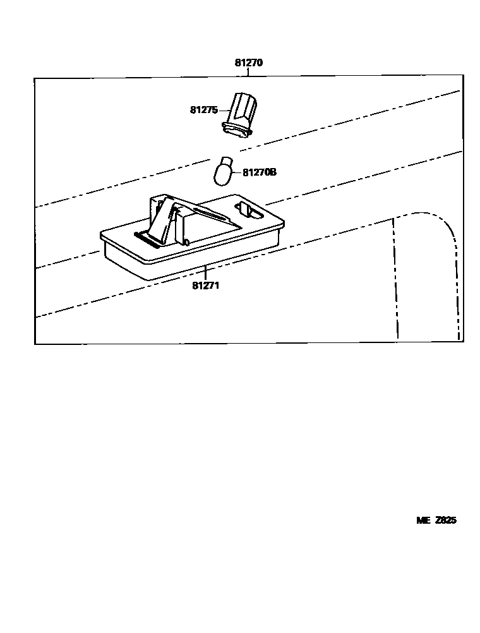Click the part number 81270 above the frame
click(248, 63)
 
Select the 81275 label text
click(203, 110)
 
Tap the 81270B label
click(260, 171)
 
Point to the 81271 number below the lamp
click(206, 286)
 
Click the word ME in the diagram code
click(423, 521)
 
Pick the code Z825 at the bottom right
click(445, 521)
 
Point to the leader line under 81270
click(248, 73)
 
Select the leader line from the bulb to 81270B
click(236, 172)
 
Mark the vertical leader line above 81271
click(205, 274)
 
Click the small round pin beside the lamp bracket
click(188, 242)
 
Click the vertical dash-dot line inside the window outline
click(395, 278)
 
